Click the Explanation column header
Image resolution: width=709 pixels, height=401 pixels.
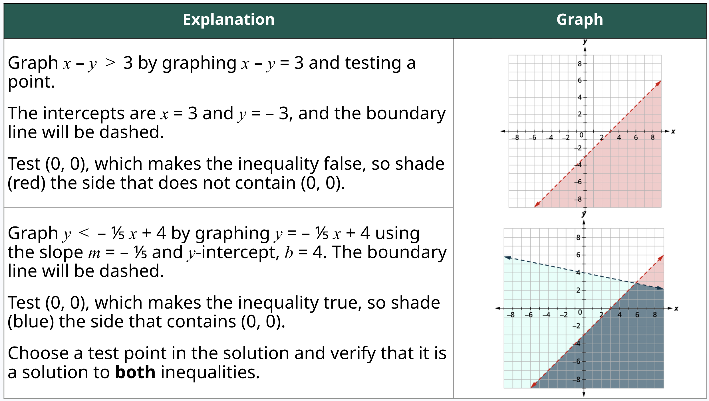[x=229, y=20]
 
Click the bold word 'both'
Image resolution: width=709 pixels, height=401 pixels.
[x=135, y=372]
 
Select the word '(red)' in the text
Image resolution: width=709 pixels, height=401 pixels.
[x=27, y=183]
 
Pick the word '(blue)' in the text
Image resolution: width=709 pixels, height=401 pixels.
[x=31, y=322]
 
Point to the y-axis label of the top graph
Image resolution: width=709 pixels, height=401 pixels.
[x=585, y=42]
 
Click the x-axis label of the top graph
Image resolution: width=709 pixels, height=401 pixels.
[x=673, y=131]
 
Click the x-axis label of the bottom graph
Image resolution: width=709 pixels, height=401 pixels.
[x=676, y=309]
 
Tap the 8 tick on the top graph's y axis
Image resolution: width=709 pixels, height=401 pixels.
[x=579, y=64]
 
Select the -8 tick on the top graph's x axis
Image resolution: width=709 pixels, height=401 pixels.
[x=515, y=138]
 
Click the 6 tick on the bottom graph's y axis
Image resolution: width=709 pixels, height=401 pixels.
[x=578, y=255]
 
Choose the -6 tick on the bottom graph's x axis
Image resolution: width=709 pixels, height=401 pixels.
[x=529, y=315]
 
